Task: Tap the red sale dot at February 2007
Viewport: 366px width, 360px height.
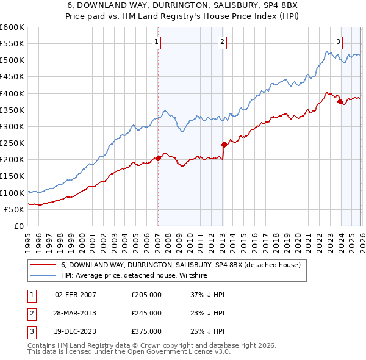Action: click(158, 158)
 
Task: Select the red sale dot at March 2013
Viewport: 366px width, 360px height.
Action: click(224, 145)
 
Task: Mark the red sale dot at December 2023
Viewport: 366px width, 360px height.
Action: click(340, 102)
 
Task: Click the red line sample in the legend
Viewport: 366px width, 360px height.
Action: click(43, 265)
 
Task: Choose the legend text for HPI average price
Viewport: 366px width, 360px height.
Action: click(134, 276)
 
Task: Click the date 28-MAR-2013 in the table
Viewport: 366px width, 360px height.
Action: click(76, 313)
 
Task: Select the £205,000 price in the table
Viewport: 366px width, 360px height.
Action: click(146, 295)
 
